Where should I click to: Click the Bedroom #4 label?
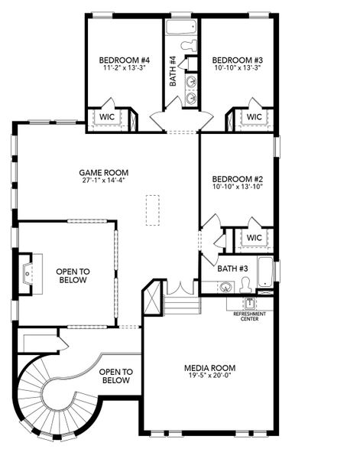[x=125, y=60]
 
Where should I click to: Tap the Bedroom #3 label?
[x=238, y=60]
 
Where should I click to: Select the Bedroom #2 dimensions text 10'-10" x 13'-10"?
[x=238, y=187]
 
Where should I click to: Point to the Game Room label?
[x=104, y=173]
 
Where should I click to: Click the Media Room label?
[x=210, y=368]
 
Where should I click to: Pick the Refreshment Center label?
[x=250, y=317]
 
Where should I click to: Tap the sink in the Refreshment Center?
[x=249, y=304]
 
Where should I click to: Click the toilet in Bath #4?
[x=190, y=46]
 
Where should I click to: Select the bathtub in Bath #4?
[x=181, y=28]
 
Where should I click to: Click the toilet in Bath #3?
[x=245, y=285]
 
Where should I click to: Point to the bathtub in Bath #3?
[x=265, y=272]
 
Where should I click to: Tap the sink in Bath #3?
[x=225, y=287]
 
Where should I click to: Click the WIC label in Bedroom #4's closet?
[x=107, y=117]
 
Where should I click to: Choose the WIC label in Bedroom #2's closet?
[x=254, y=237]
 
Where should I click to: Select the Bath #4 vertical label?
[x=174, y=71]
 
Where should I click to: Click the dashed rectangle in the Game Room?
[x=153, y=210]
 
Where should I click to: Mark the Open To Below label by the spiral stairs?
[x=116, y=376]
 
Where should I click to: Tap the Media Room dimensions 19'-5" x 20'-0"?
[x=210, y=376]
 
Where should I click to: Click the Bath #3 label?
[x=233, y=269]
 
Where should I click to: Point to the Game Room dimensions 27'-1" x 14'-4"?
[x=104, y=181]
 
